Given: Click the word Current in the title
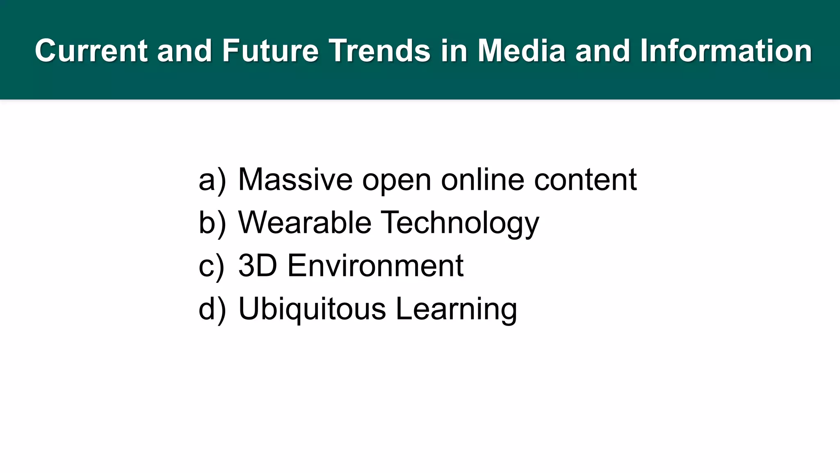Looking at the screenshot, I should pyautogui.click(x=91, y=51).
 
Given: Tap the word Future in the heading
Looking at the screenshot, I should pyautogui.click(x=270, y=51).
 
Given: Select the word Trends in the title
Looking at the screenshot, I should pyautogui.click(x=379, y=51).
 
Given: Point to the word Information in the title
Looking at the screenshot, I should pyautogui.click(x=726, y=51).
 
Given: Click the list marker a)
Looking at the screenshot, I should pyautogui.click(x=212, y=180).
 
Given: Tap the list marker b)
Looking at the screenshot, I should pyautogui.click(x=212, y=223).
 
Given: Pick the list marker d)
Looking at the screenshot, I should pyautogui.click(x=212, y=309).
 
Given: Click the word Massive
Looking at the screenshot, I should pyautogui.click(x=295, y=179).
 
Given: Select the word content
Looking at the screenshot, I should pyautogui.click(x=585, y=180).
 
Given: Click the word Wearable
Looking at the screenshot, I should pyautogui.click(x=305, y=223).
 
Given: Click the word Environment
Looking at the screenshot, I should pyautogui.click(x=375, y=266).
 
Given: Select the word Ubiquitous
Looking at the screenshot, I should pyautogui.click(x=312, y=309).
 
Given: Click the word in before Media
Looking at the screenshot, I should pyautogui.click(x=454, y=51).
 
